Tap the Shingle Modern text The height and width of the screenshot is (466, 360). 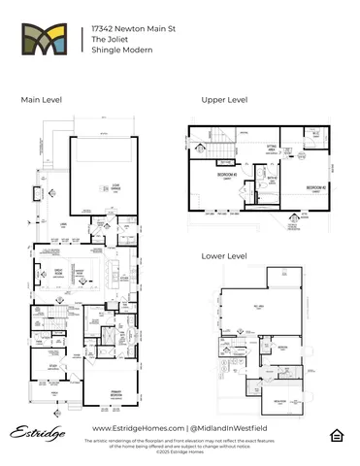pyautogui.click(x=118, y=52)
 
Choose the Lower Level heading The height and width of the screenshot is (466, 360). pyautogui.click(x=223, y=256)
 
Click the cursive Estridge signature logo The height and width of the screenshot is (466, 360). pyautogui.click(x=35, y=430)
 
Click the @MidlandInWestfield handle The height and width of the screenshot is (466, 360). pyautogui.click(x=231, y=428)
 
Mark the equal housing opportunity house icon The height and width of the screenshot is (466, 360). pyautogui.click(x=335, y=433)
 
